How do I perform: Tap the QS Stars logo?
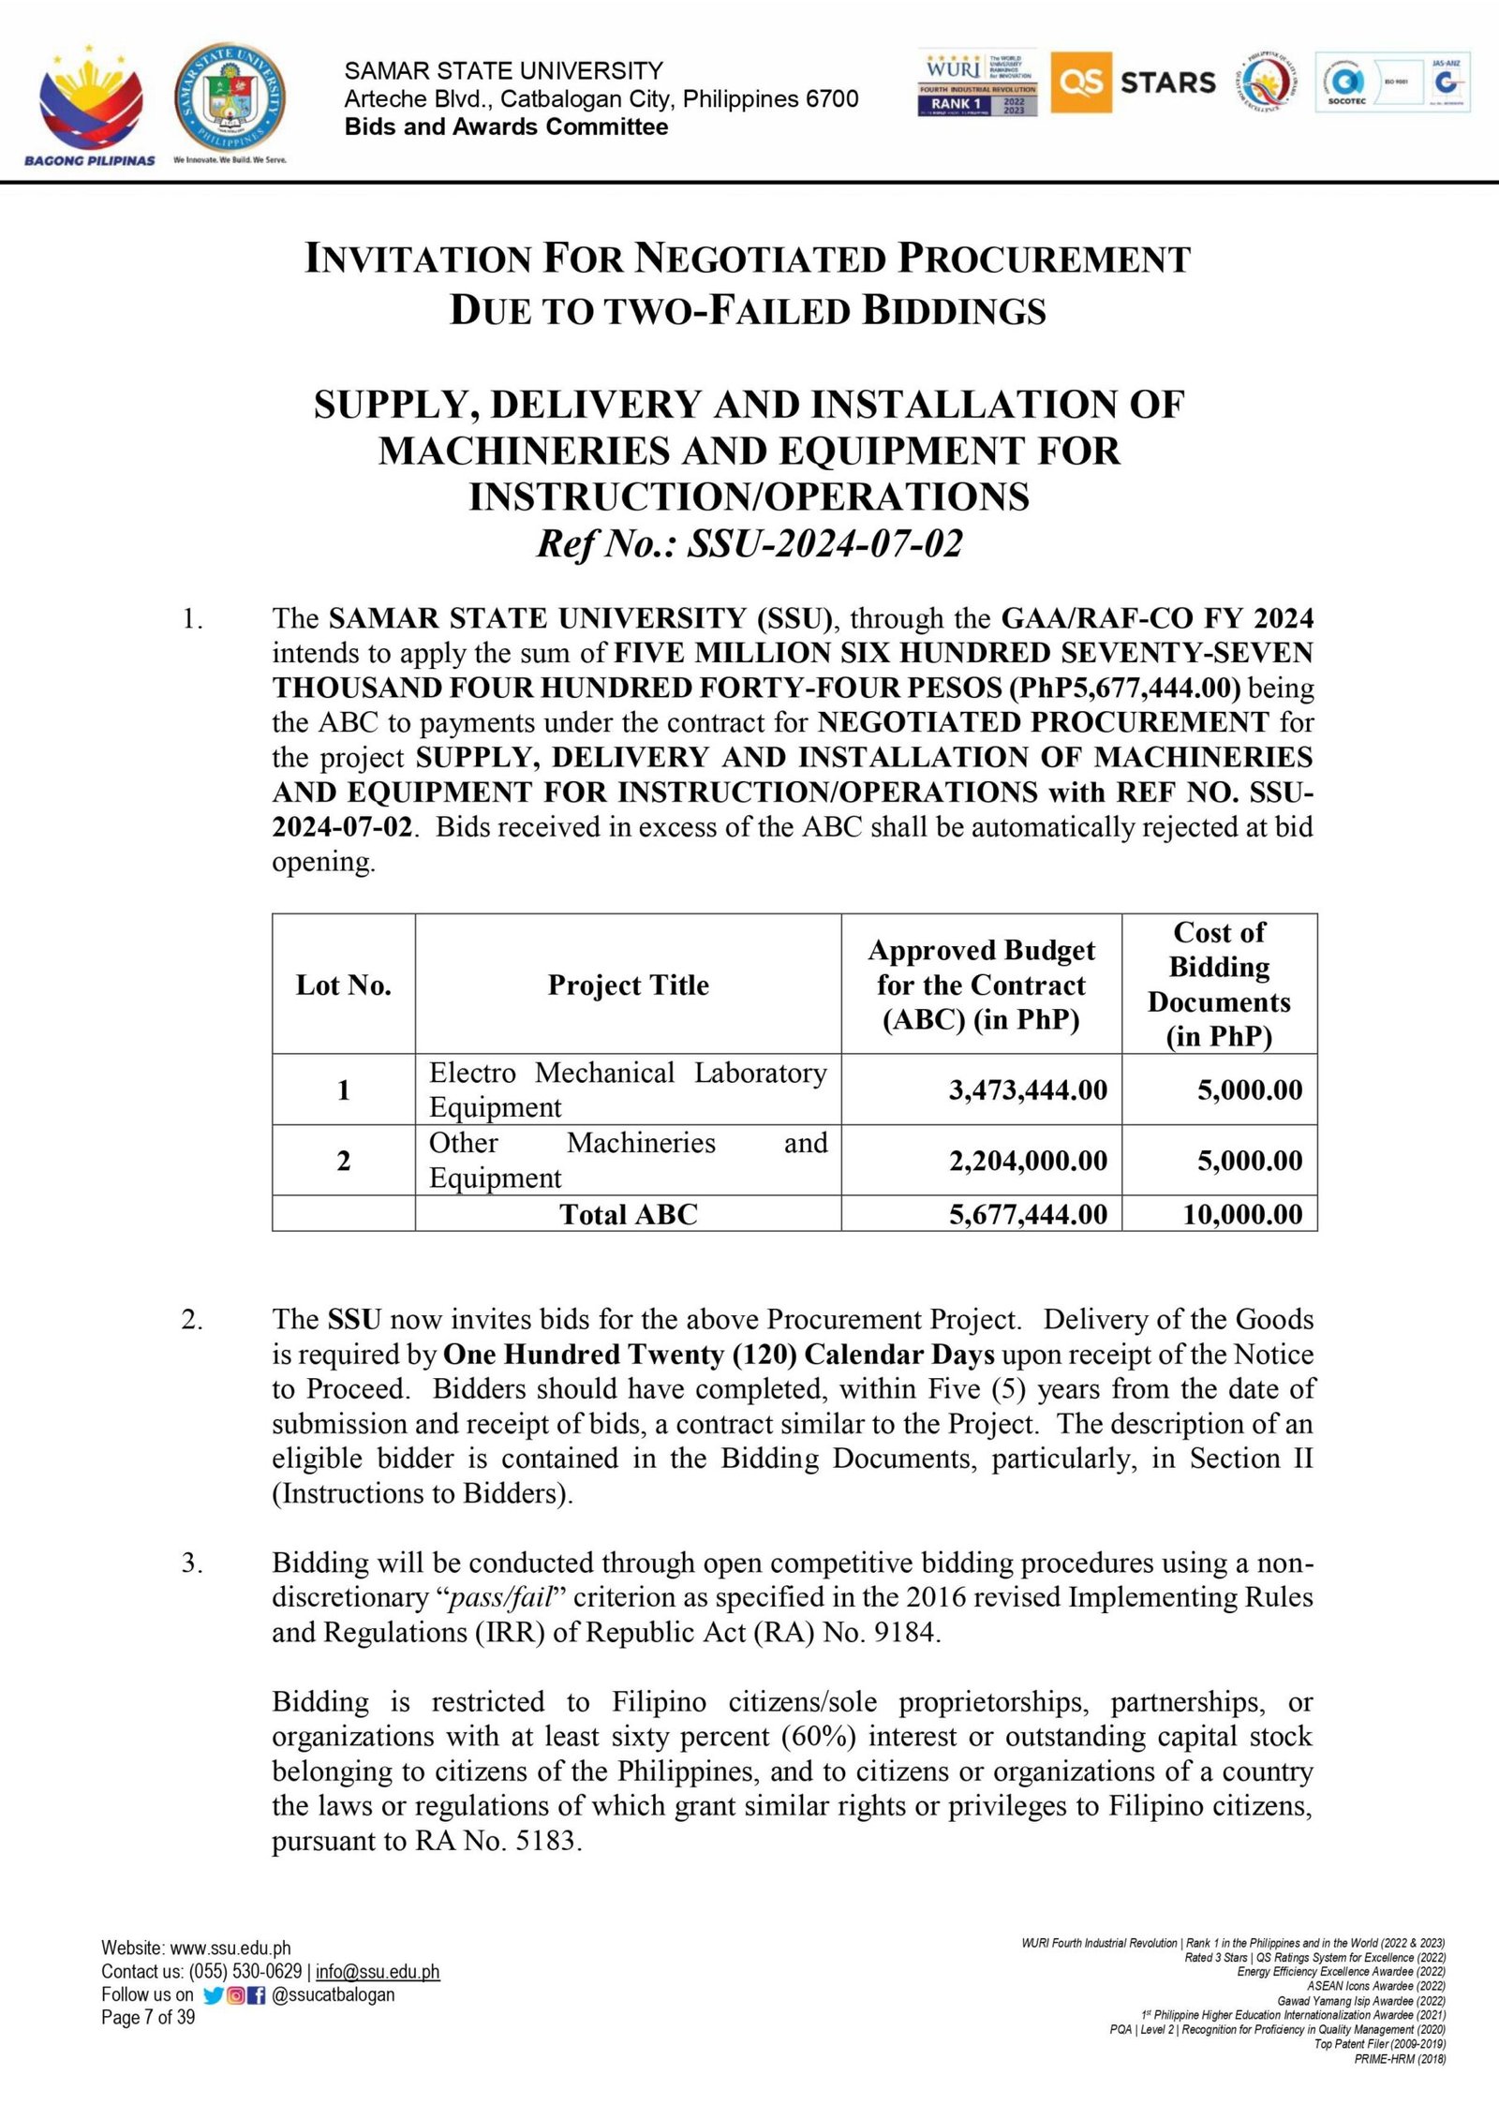click(1133, 82)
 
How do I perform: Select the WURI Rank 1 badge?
click(977, 82)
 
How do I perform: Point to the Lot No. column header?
click(344, 985)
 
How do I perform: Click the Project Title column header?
click(628, 985)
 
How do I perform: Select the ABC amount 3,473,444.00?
click(1028, 1089)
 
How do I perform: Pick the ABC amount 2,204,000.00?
click(1028, 1161)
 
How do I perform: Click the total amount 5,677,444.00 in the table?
click(1028, 1214)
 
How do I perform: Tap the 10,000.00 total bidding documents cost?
click(1242, 1214)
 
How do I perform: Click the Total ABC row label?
click(628, 1214)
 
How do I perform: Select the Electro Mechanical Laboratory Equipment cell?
click(628, 1089)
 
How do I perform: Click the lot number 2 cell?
click(344, 1161)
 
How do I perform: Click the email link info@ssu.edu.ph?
click(378, 1972)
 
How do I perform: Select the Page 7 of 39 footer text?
click(148, 2017)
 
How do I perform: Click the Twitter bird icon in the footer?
click(213, 1995)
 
